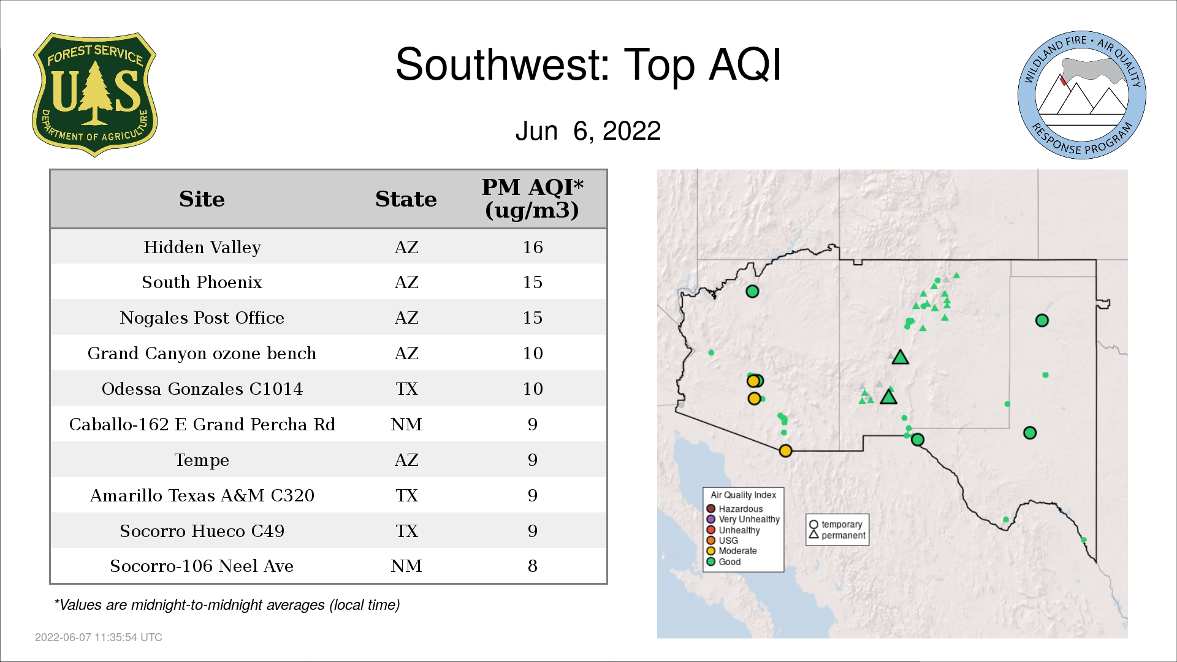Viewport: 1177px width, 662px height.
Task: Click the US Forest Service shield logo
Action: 94,95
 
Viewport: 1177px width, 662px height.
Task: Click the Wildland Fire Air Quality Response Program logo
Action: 1081,95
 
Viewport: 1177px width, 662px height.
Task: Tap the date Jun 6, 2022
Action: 588,131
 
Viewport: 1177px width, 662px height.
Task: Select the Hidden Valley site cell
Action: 202,247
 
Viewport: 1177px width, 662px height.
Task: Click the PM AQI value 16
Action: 533,247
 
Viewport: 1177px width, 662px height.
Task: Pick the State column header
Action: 406,199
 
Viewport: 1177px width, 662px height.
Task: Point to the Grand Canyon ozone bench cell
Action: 202,353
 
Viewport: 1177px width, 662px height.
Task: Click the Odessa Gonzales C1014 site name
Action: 202,389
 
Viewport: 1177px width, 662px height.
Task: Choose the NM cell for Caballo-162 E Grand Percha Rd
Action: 406,424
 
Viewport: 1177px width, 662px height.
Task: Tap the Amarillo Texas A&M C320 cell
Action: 202,495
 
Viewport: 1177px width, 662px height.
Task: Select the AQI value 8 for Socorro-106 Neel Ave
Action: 533,566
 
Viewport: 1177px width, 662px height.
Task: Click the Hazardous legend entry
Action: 735,509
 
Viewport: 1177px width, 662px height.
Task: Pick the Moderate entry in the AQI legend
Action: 732,550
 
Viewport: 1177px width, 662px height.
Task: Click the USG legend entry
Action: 723,540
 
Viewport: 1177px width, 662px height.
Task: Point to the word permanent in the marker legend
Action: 844,536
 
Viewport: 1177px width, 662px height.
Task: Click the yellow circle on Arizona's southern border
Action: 785,451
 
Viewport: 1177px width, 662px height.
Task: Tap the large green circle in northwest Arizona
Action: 752,291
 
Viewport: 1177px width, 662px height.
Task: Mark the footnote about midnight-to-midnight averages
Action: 227,605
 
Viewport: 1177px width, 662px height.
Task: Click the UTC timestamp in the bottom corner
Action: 99,637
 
